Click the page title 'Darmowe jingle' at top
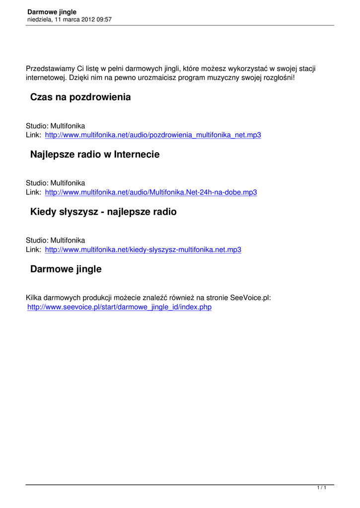(52, 12)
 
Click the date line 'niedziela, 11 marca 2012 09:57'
(69, 19)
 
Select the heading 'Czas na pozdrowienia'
(80, 97)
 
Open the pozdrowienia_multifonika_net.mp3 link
(153, 135)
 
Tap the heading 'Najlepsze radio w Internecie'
(95, 155)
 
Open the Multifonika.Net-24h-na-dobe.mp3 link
(151, 192)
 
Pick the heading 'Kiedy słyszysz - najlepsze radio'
(103, 212)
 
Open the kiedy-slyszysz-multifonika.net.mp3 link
(143, 250)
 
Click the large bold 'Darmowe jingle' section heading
(66, 269)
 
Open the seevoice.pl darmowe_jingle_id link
(119, 307)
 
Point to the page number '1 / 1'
(322, 489)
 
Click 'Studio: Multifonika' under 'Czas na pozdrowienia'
(56, 127)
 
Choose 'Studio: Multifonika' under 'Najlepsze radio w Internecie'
(56, 184)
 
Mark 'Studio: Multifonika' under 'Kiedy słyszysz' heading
(56, 241)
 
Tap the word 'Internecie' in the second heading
(137, 155)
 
